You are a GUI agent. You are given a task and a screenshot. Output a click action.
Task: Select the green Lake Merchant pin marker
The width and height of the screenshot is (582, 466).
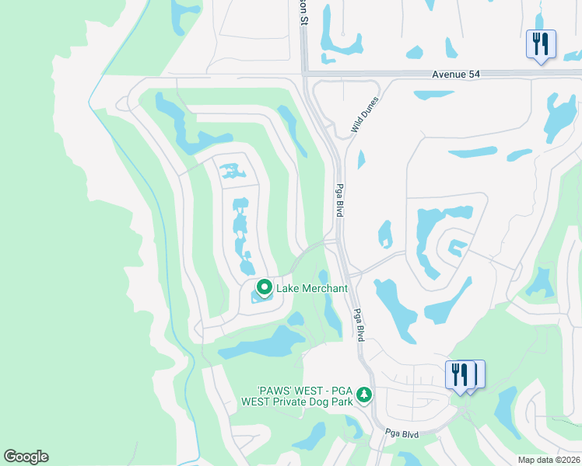264,288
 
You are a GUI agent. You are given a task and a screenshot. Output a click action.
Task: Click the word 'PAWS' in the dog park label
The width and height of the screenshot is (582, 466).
275,390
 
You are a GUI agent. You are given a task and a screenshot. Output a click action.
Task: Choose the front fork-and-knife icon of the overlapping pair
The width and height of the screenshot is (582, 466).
459,374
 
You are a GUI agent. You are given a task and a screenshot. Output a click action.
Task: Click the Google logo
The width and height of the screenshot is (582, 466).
26,457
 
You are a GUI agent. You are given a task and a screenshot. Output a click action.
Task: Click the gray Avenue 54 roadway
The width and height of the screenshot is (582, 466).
373,75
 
